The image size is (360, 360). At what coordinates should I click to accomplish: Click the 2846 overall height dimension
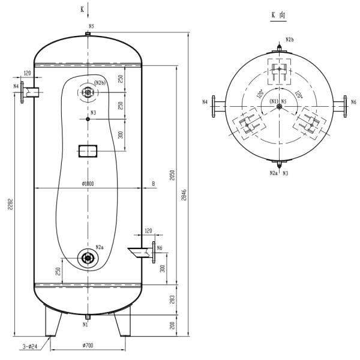(x=184, y=195)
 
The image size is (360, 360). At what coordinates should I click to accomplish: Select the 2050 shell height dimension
(x=172, y=175)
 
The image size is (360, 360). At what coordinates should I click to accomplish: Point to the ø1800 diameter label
(x=88, y=184)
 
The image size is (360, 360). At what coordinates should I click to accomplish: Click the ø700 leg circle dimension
(x=88, y=345)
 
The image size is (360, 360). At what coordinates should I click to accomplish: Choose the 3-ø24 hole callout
(x=29, y=346)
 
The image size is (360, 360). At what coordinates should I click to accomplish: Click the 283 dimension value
(x=172, y=299)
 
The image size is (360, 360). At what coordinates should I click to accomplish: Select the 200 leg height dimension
(x=172, y=325)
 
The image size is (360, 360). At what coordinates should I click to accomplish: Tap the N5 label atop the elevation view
(x=91, y=26)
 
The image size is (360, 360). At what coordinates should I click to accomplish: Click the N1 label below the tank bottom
(x=85, y=325)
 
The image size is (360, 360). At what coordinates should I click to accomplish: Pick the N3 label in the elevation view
(x=93, y=113)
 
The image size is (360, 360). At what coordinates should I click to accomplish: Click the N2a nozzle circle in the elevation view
(x=88, y=258)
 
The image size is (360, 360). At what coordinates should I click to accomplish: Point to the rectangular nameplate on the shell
(x=88, y=151)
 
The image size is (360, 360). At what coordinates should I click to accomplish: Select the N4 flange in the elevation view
(x=22, y=92)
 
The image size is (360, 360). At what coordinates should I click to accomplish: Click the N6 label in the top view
(x=354, y=102)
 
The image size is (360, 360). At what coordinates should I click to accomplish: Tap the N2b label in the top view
(x=290, y=40)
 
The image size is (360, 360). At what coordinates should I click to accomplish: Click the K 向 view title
(x=278, y=15)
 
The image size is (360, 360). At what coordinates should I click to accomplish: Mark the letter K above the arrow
(x=82, y=10)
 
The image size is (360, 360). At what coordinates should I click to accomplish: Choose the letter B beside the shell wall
(x=154, y=184)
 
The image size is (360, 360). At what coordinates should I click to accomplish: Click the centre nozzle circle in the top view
(x=279, y=106)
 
